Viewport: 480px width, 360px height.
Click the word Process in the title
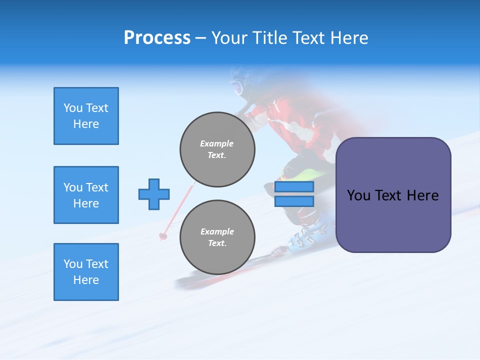pos(157,38)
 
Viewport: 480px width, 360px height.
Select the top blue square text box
pos(86,116)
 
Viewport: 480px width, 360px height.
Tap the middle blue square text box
pos(86,195)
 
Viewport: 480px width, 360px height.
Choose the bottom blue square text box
pos(86,271)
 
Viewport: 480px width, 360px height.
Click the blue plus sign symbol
pos(154,194)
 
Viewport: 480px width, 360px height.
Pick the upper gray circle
pos(217,149)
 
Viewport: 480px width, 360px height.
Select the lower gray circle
pos(217,237)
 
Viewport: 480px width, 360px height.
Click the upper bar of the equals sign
pos(294,186)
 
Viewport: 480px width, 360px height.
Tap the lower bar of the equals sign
pos(294,201)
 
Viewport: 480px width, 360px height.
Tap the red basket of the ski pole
pos(162,235)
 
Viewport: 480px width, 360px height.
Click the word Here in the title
pos(350,38)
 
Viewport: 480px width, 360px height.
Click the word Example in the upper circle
pos(216,143)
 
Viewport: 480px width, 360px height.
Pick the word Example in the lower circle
pos(217,231)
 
